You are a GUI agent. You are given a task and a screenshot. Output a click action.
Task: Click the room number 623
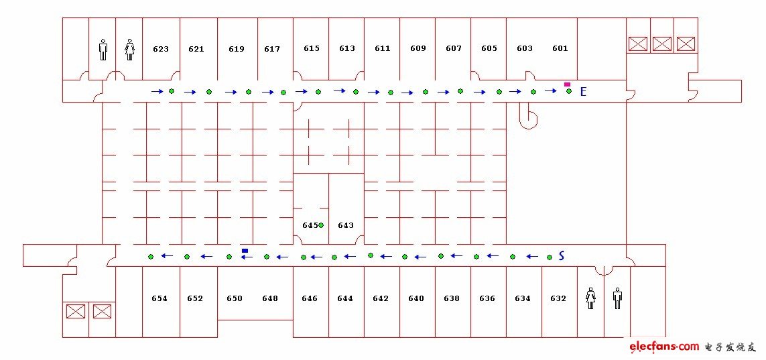(x=161, y=49)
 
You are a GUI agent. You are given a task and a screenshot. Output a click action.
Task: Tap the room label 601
(x=560, y=48)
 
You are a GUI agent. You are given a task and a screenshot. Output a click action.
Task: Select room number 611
(x=383, y=48)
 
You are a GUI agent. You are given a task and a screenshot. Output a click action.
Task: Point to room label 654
(x=159, y=298)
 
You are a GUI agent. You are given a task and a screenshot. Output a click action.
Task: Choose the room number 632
(x=558, y=298)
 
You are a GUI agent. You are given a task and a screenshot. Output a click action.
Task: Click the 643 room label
(x=345, y=225)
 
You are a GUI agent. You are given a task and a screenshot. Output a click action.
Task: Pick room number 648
(x=269, y=298)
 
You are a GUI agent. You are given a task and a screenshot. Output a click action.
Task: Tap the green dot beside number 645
(x=321, y=225)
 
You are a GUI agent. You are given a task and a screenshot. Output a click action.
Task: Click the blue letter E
(x=583, y=91)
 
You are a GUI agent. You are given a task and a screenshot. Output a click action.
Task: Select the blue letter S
(x=562, y=255)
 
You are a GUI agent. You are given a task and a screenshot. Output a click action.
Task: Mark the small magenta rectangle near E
(x=567, y=84)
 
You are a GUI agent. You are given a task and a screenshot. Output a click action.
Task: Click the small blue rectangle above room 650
(x=245, y=251)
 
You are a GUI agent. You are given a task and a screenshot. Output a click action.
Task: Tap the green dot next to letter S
(x=549, y=257)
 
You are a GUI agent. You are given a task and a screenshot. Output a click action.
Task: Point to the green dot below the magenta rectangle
(x=569, y=91)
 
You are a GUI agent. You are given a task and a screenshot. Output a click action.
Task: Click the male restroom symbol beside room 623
(x=103, y=50)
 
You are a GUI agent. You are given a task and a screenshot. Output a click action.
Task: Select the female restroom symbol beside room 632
(x=590, y=298)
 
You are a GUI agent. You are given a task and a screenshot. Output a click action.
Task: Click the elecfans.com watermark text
(x=664, y=347)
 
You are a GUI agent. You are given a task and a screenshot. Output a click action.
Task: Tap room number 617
(x=272, y=49)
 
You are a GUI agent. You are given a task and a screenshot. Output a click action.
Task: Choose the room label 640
(x=416, y=298)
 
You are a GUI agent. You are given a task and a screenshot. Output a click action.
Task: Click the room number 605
(x=489, y=48)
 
